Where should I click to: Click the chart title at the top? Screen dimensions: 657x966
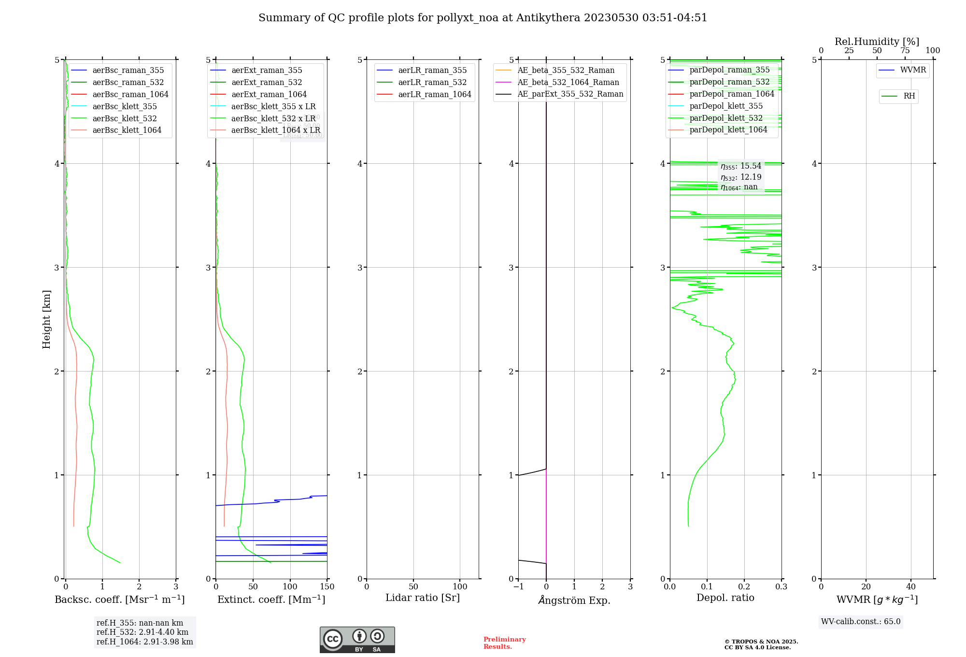[483, 18]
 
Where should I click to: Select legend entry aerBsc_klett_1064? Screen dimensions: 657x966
[127, 130]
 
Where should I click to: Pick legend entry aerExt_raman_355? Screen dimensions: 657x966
[267, 71]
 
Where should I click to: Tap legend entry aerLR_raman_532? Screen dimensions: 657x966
[432, 83]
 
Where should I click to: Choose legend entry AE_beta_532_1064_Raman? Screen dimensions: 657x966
[568, 83]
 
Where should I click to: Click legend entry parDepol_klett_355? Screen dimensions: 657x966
[726, 106]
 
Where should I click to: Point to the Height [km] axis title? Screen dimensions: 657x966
[46, 319]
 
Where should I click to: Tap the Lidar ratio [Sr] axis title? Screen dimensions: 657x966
[423, 598]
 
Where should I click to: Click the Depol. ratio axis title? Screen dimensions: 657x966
[725, 598]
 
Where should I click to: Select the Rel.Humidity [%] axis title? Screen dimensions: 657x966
[877, 42]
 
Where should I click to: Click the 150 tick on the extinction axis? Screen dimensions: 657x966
[327, 587]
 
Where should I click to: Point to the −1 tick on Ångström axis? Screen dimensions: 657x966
[518, 587]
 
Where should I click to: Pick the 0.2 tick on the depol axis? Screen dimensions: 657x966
[744, 587]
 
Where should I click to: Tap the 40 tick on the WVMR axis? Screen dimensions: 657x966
[911, 587]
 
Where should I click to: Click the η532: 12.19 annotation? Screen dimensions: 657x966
[741, 177]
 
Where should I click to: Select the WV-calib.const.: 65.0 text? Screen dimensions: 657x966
[861, 622]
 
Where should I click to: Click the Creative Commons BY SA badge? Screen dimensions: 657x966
[357, 640]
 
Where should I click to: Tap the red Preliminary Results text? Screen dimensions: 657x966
[504, 643]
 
